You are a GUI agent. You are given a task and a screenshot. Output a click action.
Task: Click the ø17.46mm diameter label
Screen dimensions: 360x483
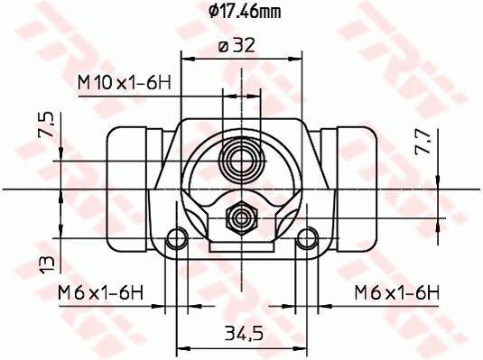242,13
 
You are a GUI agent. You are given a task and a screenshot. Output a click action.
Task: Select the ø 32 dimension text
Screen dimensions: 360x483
241,46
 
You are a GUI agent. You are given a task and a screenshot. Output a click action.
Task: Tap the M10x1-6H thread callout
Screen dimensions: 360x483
124,82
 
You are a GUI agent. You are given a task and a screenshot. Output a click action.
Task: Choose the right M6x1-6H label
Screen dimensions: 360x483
395,291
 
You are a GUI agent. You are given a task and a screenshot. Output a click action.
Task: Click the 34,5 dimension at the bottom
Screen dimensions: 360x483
243,334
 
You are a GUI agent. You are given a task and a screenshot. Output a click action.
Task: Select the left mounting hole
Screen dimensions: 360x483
178,239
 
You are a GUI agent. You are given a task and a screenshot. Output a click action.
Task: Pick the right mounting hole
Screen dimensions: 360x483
307,239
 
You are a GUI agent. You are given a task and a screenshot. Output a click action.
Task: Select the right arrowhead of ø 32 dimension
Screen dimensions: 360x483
298,59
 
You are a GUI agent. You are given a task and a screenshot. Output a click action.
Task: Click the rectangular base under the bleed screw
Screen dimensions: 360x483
242,242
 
